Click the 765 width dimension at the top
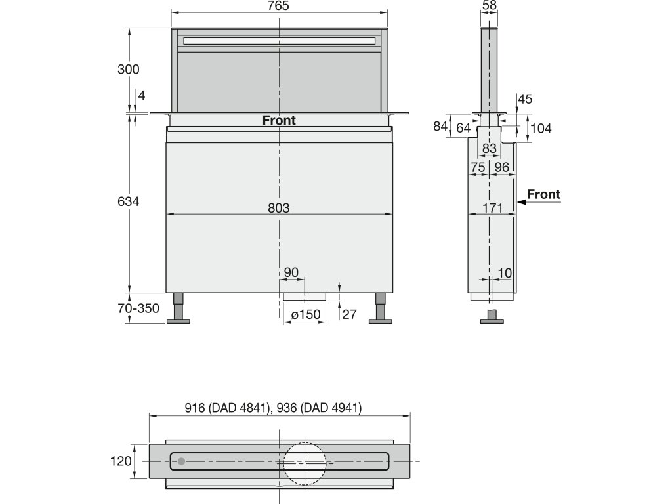[x=278, y=6]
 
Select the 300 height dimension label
[x=129, y=69]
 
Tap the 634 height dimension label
[x=129, y=201]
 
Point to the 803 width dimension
[x=278, y=208]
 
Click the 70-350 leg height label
[x=138, y=308]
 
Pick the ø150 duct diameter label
[x=306, y=314]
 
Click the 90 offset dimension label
[x=291, y=272]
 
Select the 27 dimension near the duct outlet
[x=350, y=314]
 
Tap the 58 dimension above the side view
[x=490, y=5]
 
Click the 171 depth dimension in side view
[x=492, y=208]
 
